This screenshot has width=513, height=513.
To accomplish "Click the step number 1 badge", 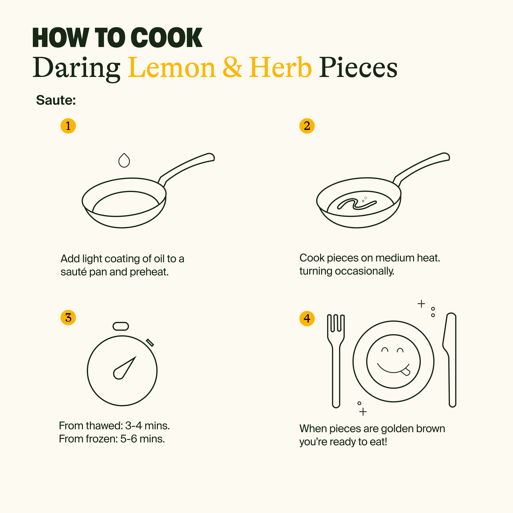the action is [x=68, y=126].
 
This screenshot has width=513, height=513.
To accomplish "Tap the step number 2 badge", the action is [x=307, y=126].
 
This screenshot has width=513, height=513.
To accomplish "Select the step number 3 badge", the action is [x=68, y=318].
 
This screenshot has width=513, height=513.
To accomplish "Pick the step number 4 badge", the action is [x=307, y=318].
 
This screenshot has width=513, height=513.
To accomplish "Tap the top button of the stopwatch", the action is [x=121, y=326].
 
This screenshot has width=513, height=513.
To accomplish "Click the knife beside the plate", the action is [x=449, y=360].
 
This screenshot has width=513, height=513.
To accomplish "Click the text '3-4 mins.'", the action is [x=147, y=426].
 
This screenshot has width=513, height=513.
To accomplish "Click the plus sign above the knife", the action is [x=421, y=303].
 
